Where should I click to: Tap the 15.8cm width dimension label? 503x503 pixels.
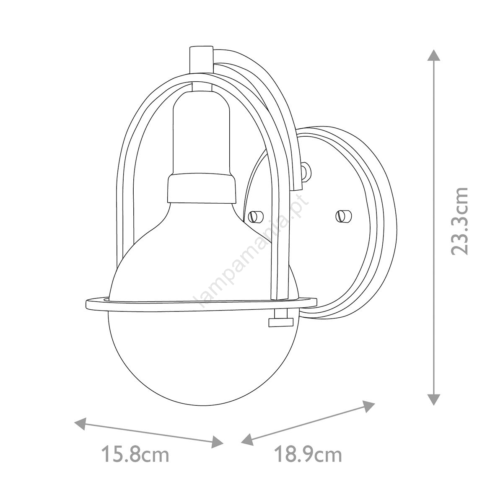(x=135, y=455)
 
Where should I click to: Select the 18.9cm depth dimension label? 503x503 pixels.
(x=308, y=455)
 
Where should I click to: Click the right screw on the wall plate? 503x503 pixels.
(x=343, y=215)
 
